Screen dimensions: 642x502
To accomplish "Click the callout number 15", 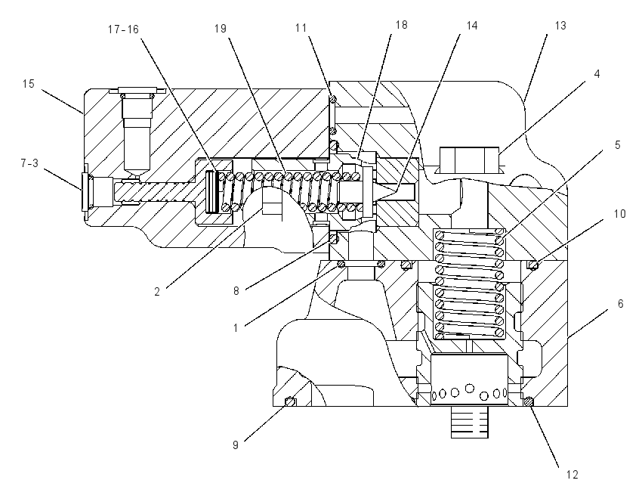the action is pos(28,84).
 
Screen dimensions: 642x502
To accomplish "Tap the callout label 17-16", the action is pos(123,29).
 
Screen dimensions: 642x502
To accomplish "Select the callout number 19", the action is pos(221,29).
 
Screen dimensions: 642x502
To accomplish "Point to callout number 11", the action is pos(301,28).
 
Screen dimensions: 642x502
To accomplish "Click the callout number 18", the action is pos(401,25).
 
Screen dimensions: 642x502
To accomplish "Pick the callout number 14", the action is pos(471,26).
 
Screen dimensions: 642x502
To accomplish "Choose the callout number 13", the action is pos(560,26).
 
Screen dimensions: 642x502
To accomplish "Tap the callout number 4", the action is pos(597,74).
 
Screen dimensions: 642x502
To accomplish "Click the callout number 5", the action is pos(617,145).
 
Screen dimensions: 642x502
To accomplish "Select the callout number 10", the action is pos(620,214).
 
